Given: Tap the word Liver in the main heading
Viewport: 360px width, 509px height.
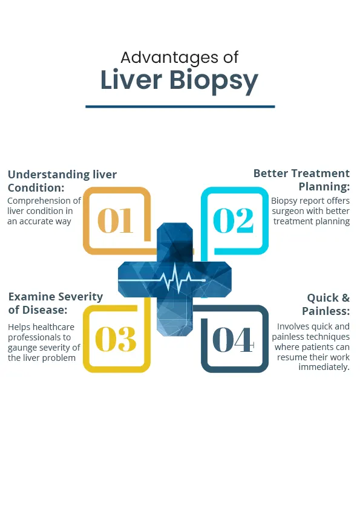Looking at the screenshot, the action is click(131, 80).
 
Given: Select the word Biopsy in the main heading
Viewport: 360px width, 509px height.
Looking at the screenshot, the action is click(214, 81).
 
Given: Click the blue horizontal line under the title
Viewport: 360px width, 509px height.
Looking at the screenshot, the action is click(180, 106).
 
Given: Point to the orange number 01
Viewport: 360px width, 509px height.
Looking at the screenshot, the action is click(116, 221).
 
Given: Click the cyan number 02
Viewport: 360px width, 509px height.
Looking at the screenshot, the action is click(234, 221).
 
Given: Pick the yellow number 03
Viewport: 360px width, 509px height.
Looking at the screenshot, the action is click(116, 339).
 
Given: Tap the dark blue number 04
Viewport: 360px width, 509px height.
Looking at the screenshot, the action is click(233, 340).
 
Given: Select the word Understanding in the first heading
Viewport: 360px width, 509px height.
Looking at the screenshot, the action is click(49, 175).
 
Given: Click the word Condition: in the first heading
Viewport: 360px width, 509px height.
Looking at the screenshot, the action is click(36, 187).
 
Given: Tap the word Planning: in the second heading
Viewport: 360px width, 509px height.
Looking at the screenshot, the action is click(324, 187).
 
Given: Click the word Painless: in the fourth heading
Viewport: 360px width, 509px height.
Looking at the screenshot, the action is click(326, 311).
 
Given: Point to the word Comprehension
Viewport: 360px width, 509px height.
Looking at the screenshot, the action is click(39, 201).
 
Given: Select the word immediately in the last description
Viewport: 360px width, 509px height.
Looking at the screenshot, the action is click(323, 367).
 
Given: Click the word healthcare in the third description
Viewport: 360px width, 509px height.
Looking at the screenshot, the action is click(53, 327).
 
